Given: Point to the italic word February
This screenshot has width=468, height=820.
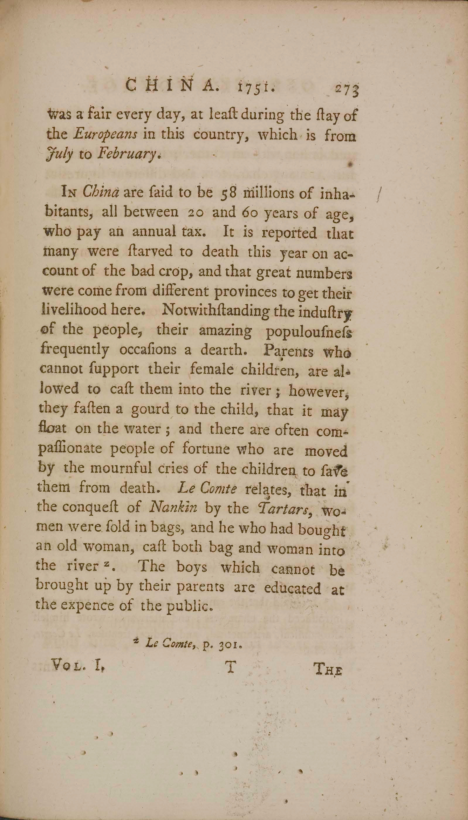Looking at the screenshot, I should click(x=127, y=156).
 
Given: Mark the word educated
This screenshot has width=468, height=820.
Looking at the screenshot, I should click(x=292, y=588).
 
